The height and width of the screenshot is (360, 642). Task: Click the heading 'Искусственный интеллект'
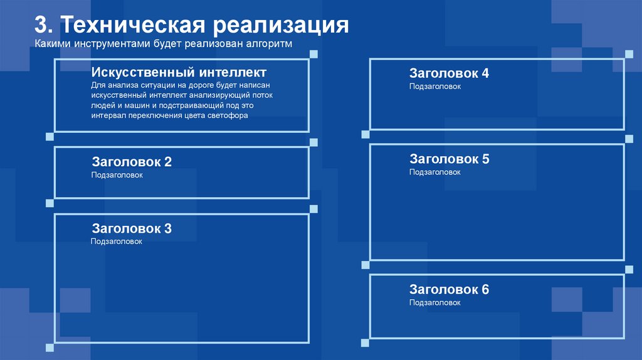[x=179, y=72]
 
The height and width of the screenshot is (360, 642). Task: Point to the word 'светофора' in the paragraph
[x=228, y=115]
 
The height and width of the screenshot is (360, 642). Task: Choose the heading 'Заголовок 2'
[x=132, y=162]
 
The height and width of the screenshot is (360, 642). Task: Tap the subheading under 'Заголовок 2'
[x=117, y=175]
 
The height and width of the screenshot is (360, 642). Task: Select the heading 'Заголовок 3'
[x=132, y=228]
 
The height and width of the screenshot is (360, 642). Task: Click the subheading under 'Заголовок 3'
[x=117, y=241]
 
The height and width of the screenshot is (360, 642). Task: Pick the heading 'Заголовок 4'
[x=449, y=73]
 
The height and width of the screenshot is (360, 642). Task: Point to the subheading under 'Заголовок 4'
[x=435, y=87]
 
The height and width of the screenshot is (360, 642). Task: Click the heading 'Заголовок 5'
[x=449, y=159]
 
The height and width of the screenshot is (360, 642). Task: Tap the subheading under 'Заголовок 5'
[x=435, y=172]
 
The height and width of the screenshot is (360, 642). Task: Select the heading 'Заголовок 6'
[x=449, y=289]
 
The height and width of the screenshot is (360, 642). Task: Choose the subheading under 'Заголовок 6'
[x=435, y=303]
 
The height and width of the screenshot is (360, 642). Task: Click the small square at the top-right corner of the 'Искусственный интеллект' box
[x=313, y=55]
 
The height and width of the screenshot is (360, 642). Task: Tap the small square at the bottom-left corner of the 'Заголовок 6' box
[x=365, y=342]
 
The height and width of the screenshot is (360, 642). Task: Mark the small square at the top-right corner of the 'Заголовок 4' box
[x=629, y=55]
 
